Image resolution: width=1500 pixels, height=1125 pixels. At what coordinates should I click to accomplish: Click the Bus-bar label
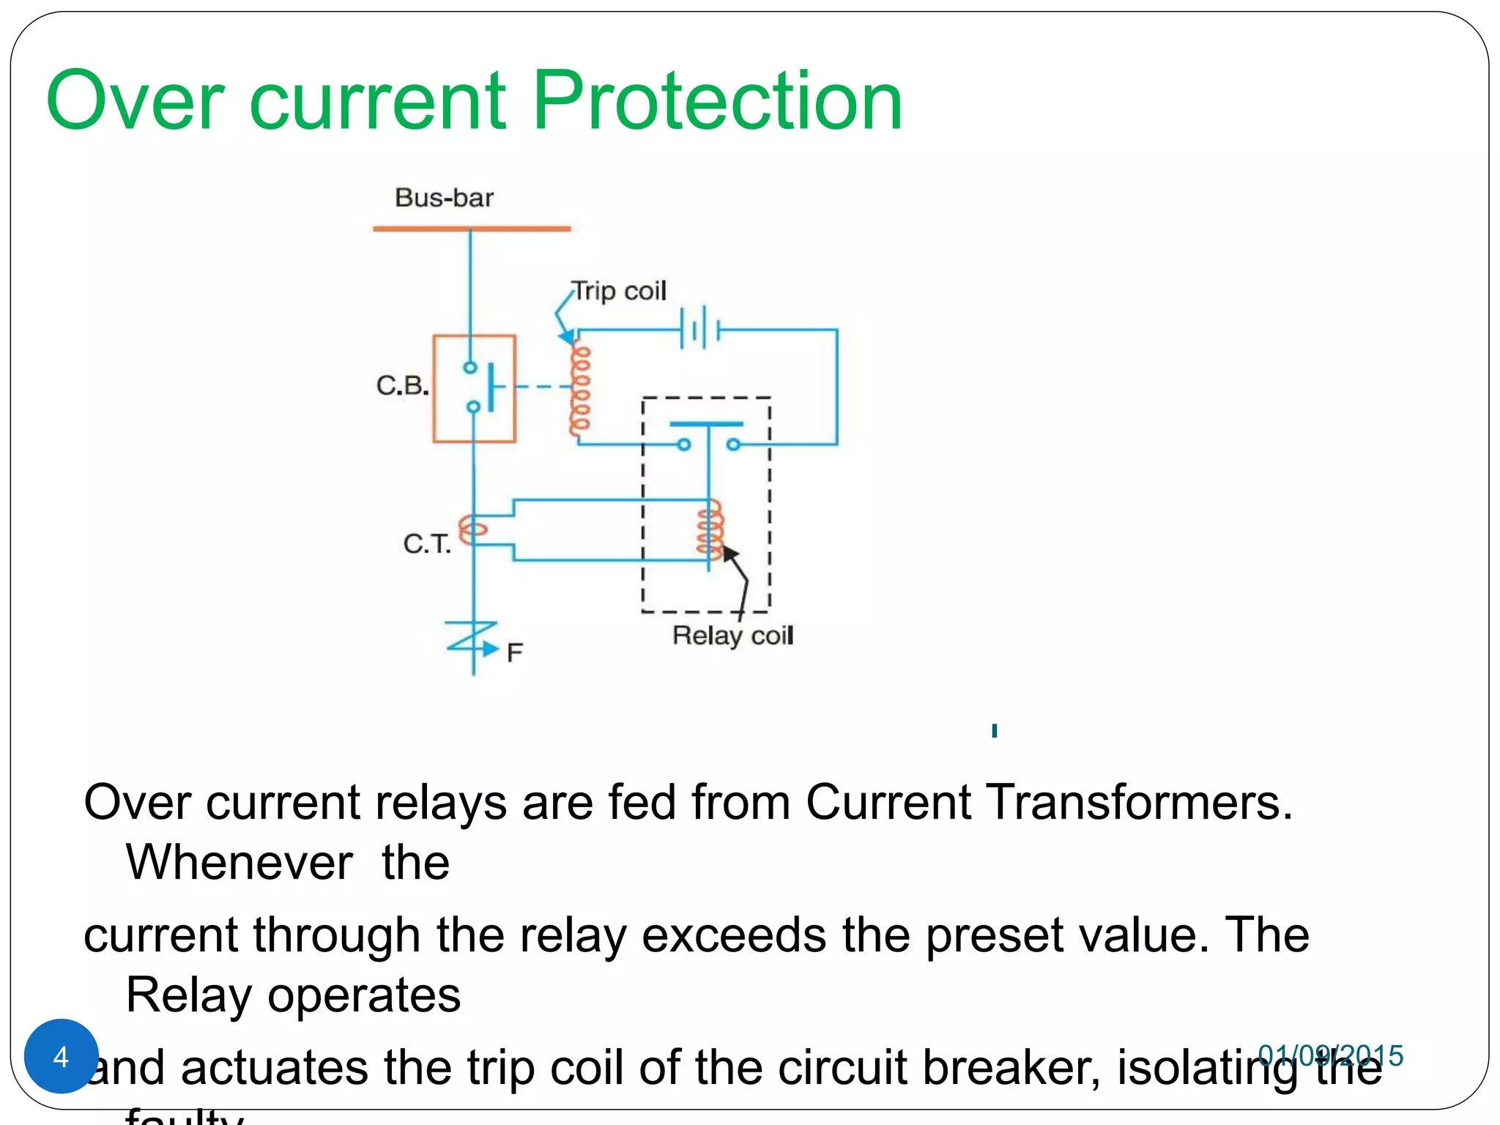pos(444,198)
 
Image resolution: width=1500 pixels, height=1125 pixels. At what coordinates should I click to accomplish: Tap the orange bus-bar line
pos(472,229)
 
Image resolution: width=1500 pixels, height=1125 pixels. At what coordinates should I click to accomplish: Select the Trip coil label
pos(619,291)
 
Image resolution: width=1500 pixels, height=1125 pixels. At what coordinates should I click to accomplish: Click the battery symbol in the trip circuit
pos(700,329)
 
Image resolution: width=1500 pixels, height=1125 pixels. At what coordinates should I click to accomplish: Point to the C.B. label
pos(402,385)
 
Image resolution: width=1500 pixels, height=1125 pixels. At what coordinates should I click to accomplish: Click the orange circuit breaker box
pos(474,388)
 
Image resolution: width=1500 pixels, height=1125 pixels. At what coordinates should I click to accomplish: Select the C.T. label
pos(427,543)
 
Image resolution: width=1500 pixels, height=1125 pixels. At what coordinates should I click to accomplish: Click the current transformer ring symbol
pos(472,528)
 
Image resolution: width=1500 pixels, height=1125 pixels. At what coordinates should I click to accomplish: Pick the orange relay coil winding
pos(710,529)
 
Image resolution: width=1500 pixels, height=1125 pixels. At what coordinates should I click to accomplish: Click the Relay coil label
pos(732,636)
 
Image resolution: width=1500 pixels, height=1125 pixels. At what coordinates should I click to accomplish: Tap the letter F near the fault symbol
pos(514,653)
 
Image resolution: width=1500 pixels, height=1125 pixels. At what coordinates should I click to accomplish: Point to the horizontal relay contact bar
pos(707,424)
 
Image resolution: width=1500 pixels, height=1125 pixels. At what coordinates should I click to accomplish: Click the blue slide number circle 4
pos(62,1056)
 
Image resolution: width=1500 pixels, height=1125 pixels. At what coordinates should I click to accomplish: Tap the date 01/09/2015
pos(1330,1055)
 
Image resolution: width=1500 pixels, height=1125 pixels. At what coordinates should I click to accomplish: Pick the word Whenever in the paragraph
pos(240,862)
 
